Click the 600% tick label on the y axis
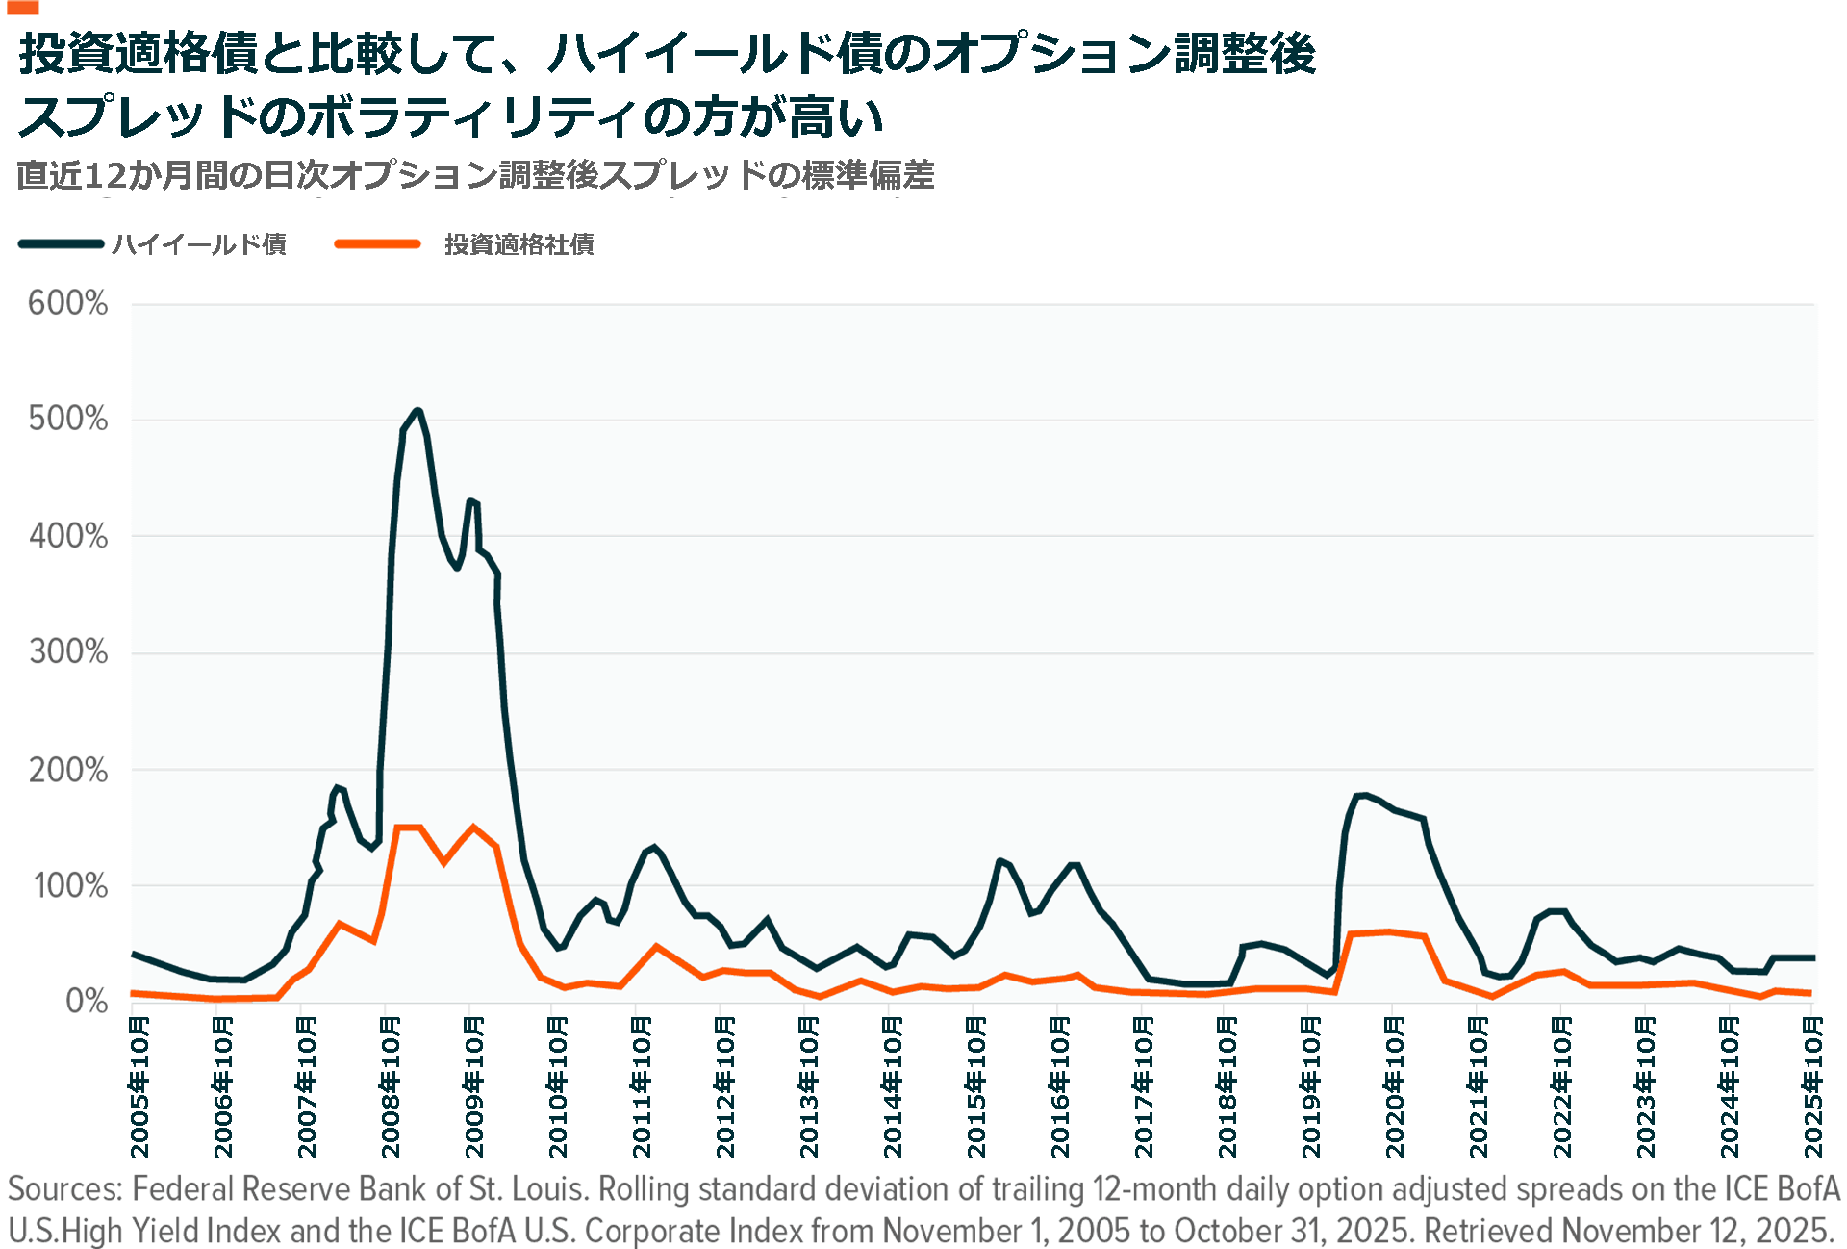pyautogui.click(x=67, y=303)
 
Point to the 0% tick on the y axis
pyautogui.click(x=87, y=1002)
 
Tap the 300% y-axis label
pyautogui.click(x=68, y=652)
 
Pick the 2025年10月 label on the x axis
pyautogui.click(x=1813, y=1085)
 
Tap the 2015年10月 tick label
pyautogui.click(x=976, y=1085)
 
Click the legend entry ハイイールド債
pyautogui.click(x=199, y=244)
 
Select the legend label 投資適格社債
pyautogui.click(x=519, y=244)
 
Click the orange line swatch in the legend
pyautogui.click(x=377, y=244)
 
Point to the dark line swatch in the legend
pyautogui.click(x=61, y=244)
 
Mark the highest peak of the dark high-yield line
pyautogui.click(x=417, y=411)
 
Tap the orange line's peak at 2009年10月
pyautogui.click(x=472, y=827)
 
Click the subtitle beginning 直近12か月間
pyautogui.click(x=475, y=175)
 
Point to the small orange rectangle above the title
pyautogui.click(x=22, y=7)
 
